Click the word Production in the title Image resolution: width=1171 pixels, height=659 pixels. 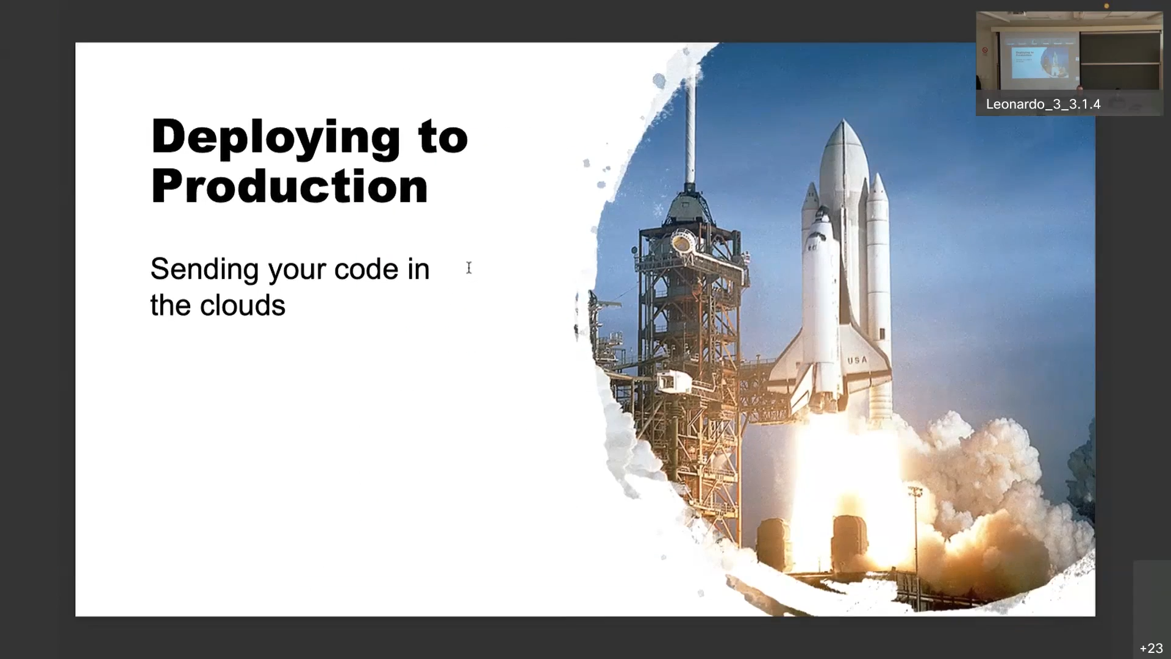(x=290, y=186)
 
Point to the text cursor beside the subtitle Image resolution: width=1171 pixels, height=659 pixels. (x=469, y=268)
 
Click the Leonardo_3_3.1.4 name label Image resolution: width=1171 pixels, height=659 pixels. (x=1043, y=104)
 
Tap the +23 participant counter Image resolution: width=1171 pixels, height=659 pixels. (x=1151, y=648)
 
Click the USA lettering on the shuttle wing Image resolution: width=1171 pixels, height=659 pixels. (x=857, y=360)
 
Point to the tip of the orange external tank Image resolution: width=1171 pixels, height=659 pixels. (x=843, y=121)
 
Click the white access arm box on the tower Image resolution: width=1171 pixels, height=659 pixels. (x=673, y=382)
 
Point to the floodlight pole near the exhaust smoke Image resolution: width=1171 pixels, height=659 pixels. (x=915, y=537)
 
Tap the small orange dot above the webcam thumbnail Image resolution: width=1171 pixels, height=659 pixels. (x=1106, y=6)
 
